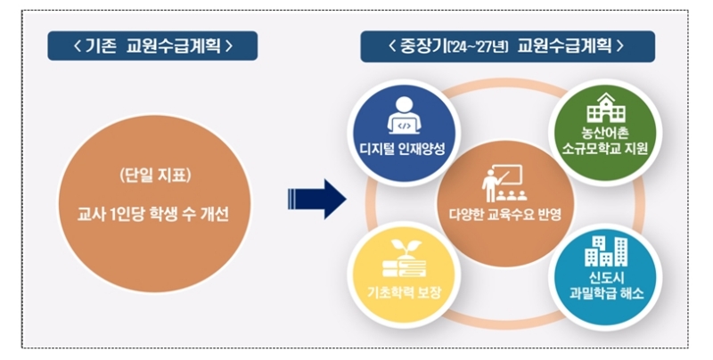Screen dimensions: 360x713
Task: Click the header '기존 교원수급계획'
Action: (152, 45)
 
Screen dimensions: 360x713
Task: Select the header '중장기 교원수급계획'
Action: (507, 45)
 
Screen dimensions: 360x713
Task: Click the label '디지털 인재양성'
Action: (397, 147)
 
